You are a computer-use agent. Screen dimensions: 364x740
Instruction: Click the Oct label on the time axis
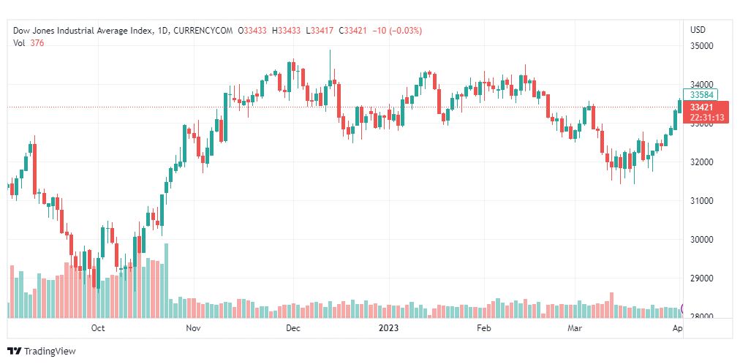(x=98, y=328)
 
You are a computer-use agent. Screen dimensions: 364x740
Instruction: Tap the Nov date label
(x=193, y=328)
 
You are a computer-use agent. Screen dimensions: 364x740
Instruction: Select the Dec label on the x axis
(x=292, y=328)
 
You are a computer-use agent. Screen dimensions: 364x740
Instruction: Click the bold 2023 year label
(x=388, y=328)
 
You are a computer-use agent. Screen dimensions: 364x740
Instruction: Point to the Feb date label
(x=484, y=328)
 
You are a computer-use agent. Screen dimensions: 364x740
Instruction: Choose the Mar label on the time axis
(x=574, y=328)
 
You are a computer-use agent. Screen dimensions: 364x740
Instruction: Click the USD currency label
(x=698, y=30)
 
